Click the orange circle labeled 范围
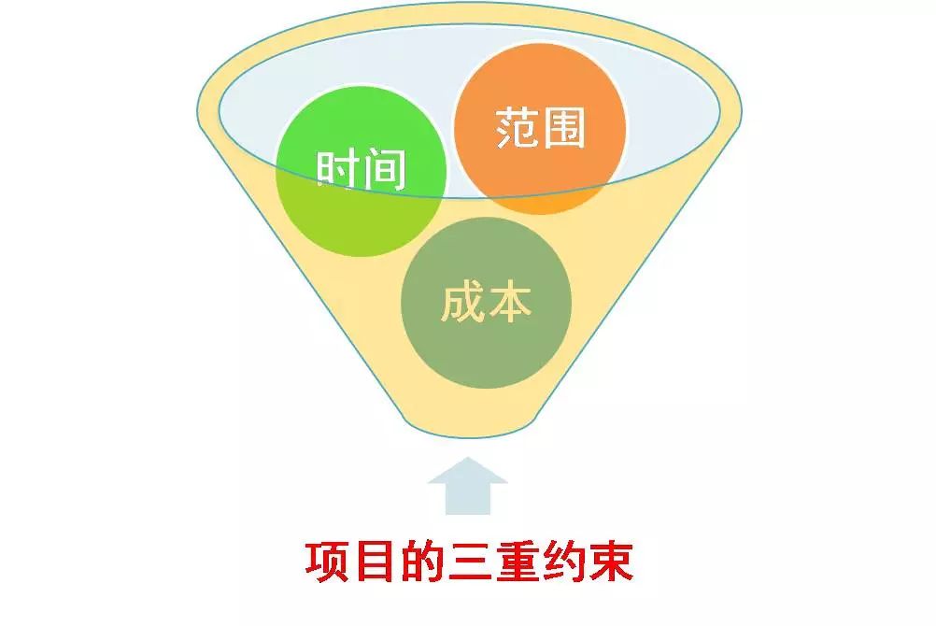coord(540,128)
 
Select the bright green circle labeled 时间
coord(362,171)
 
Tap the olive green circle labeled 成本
coord(486,303)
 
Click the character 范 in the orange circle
coord(517,127)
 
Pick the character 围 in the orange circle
coord(563,127)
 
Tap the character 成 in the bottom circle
coord(462,302)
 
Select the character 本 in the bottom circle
coord(509,302)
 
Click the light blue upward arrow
coord(468,486)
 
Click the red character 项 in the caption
coord(327,562)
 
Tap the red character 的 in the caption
coord(421,562)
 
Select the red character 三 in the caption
coord(469,562)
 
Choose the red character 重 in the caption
coord(516,562)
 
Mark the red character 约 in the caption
coord(563,562)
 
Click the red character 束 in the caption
coord(610,562)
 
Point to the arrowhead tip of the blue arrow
coord(468,458)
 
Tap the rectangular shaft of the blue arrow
coord(468,499)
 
